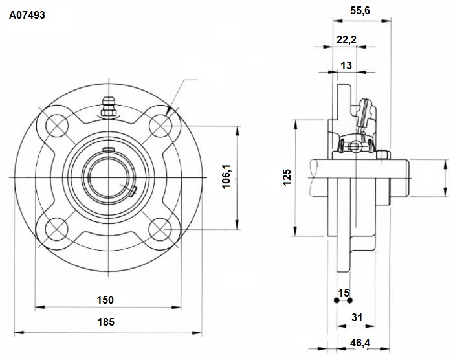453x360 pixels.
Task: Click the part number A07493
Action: coord(27,15)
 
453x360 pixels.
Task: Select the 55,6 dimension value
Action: coord(360,11)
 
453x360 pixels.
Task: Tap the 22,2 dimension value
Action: coord(347,40)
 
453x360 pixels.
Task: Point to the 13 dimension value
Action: coord(346,65)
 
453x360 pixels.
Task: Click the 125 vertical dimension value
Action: coord(287,177)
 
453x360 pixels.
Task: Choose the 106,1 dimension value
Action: coord(226,176)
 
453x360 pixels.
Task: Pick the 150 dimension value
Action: coord(105,300)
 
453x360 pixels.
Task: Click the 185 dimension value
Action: coord(105,322)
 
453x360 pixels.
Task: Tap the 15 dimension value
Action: coord(344,293)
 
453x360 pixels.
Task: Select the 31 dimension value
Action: coord(357,317)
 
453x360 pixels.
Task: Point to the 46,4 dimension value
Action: coord(360,343)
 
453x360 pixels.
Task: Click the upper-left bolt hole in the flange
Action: coord(57,126)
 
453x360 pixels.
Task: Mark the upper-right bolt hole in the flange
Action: coord(160,126)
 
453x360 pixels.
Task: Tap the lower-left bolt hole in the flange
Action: coord(57,229)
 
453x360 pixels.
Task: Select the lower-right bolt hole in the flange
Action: coord(160,229)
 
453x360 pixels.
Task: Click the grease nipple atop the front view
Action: coord(109,106)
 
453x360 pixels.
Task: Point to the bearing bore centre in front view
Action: coord(109,177)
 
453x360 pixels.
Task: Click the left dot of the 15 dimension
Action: coord(337,300)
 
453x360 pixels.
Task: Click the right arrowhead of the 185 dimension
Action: coord(197,333)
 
